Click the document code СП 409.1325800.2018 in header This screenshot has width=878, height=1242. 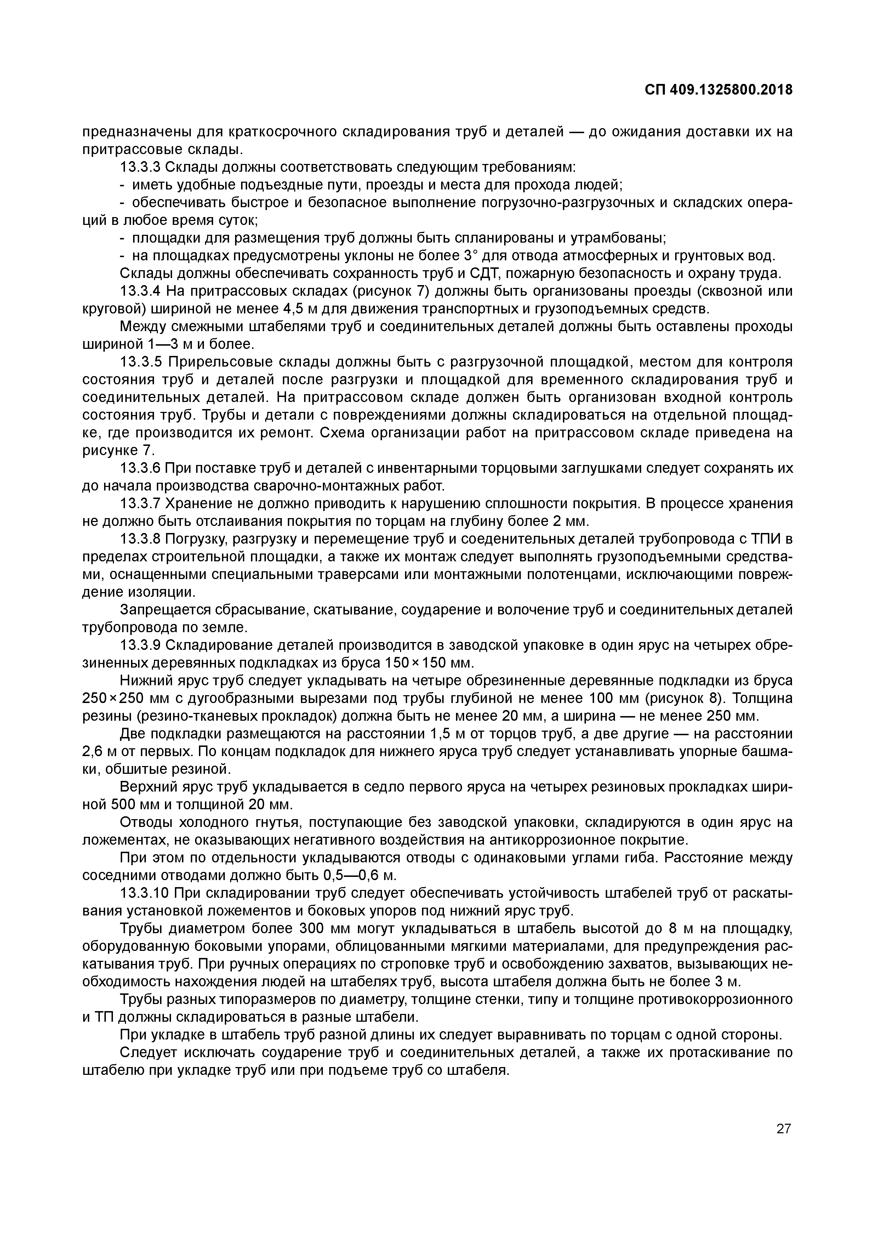click(719, 90)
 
